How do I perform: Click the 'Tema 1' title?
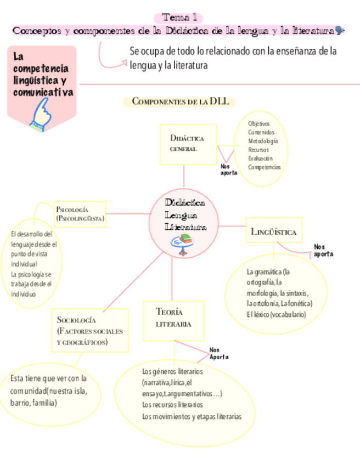click(179, 18)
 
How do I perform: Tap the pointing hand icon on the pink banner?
click(42, 117)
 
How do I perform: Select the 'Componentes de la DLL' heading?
click(179, 101)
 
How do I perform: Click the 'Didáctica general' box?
click(187, 144)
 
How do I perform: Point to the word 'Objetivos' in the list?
click(258, 124)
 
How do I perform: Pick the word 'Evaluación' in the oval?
click(260, 158)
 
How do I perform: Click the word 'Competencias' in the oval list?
click(264, 167)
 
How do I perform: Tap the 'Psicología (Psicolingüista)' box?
click(80, 214)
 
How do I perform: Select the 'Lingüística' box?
click(273, 232)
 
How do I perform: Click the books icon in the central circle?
click(187, 240)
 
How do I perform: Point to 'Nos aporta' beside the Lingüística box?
click(323, 251)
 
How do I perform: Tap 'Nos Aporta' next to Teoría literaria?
click(218, 354)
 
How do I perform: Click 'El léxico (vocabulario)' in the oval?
click(276, 314)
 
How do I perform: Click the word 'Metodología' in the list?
click(263, 141)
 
